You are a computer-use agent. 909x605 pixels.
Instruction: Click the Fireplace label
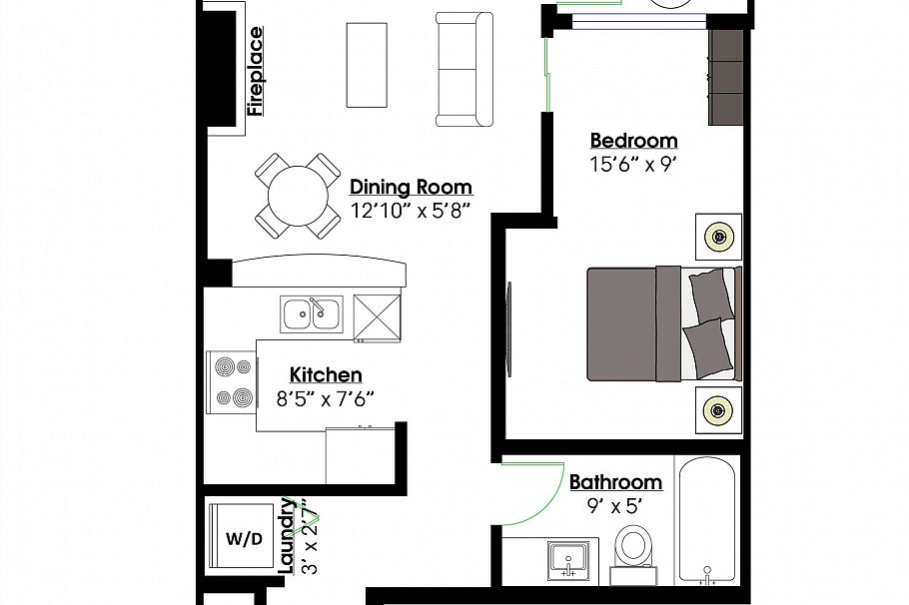pyautogui.click(x=256, y=72)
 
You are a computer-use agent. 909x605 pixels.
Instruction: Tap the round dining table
pyautogui.click(x=298, y=195)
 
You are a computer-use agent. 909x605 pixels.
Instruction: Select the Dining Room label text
pyautogui.click(x=411, y=188)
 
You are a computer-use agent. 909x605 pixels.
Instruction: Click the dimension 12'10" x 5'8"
pyautogui.click(x=411, y=211)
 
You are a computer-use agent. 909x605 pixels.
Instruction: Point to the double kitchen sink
pyautogui.click(x=312, y=314)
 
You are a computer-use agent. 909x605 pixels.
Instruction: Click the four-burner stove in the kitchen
pyautogui.click(x=232, y=382)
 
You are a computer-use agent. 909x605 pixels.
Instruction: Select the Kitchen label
pyautogui.click(x=326, y=375)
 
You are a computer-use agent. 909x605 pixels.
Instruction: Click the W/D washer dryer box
pyautogui.click(x=244, y=539)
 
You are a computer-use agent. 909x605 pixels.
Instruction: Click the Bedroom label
pyautogui.click(x=633, y=141)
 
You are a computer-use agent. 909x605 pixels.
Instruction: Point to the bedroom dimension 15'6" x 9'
pyautogui.click(x=633, y=164)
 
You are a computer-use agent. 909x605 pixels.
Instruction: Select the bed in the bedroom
pyautogui.click(x=663, y=323)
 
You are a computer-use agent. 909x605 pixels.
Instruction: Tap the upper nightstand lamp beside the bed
pyautogui.click(x=718, y=237)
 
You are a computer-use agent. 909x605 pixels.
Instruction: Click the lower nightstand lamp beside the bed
pyautogui.click(x=718, y=408)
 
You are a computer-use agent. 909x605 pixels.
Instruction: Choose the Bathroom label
pyautogui.click(x=615, y=483)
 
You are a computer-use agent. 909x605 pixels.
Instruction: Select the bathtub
pyautogui.click(x=708, y=519)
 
